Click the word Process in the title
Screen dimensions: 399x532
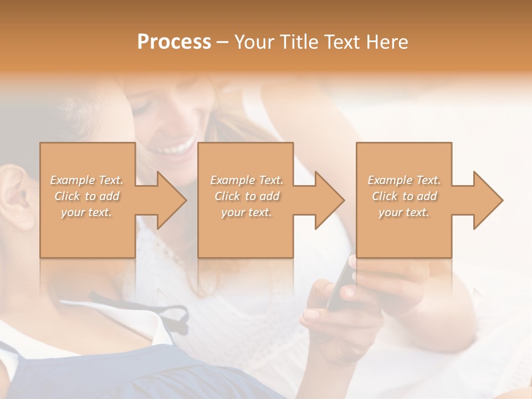click(x=174, y=42)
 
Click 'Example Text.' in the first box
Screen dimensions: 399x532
click(x=86, y=180)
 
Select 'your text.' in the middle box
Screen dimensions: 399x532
click(x=246, y=212)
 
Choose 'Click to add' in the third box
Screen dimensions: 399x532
click(x=405, y=196)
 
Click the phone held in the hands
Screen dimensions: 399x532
click(x=340, y=283)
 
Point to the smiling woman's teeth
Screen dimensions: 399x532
click(x=176, y=148)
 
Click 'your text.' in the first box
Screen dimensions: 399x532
click(x=86, y=212)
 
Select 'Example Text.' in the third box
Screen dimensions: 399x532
click(x=405, y=180)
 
